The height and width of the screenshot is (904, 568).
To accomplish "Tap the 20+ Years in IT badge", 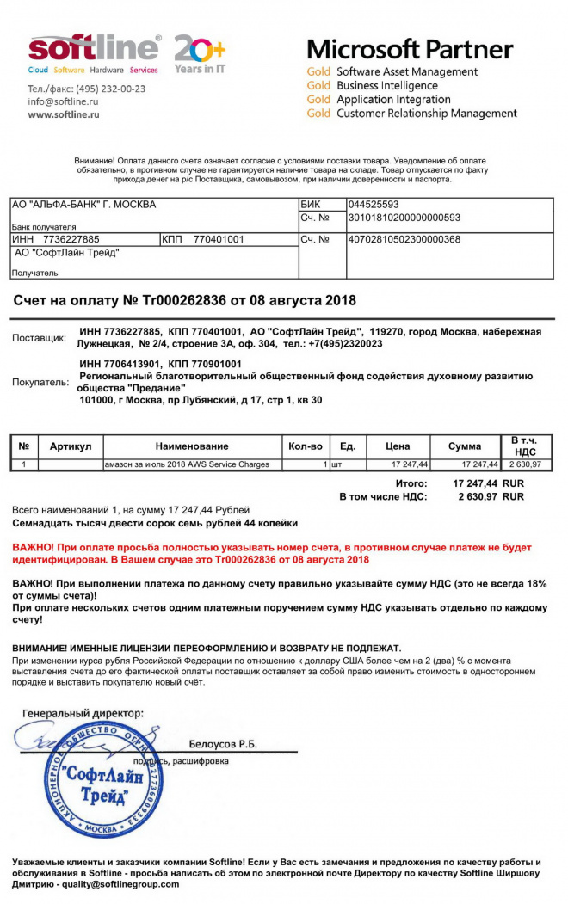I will (199, 53).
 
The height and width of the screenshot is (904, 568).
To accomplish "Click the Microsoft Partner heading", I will (410, 48).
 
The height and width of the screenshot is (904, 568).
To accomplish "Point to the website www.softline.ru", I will (64, 114).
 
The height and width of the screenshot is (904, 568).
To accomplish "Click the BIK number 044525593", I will (374, 205).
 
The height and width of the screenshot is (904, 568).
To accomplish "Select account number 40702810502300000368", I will (404, 239).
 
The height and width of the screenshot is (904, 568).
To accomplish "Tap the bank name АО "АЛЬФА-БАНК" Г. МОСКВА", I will (83, 205).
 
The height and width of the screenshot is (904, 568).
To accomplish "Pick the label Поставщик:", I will (39, 338).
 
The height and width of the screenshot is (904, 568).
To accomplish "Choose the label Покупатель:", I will (40, 382).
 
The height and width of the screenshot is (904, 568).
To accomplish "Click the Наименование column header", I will (192, 446).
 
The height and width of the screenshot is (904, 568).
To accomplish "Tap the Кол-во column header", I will (306, 446).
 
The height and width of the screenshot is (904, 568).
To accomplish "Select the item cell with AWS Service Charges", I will (187, 464).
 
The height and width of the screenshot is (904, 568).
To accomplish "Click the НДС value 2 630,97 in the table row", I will (525, 464).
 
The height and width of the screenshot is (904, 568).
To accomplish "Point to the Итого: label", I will (411, 483).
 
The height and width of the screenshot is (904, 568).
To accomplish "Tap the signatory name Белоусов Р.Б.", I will (223, 744).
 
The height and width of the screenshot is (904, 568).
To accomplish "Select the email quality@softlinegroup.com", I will (122, 884).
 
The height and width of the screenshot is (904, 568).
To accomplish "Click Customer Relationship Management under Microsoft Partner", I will (426, 114).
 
